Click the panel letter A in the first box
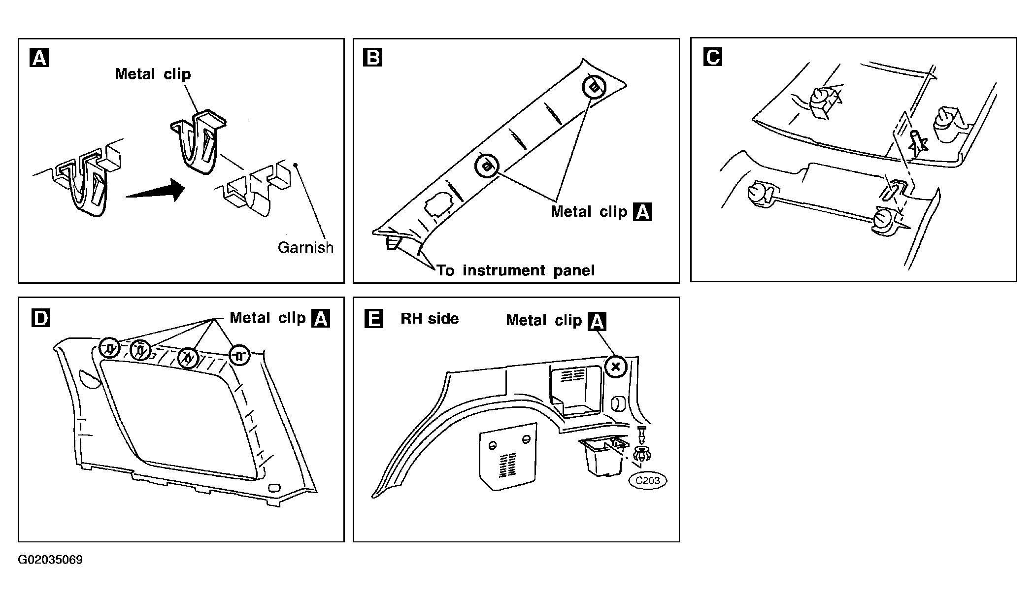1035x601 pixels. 39,58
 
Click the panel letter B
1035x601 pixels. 372,58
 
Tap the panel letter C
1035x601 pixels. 713,57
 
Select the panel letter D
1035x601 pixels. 40,318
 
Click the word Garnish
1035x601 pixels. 305,247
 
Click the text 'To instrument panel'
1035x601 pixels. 516,270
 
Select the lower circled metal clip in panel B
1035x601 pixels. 487,166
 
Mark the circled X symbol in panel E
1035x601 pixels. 615,367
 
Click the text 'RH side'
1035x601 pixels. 430,319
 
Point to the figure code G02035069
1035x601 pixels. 50,560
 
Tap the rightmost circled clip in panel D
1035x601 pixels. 239,355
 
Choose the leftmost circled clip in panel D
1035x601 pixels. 109,348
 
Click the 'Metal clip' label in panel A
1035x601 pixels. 153,74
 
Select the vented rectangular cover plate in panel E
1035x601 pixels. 507,456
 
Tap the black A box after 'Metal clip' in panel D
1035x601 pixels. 321,319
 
